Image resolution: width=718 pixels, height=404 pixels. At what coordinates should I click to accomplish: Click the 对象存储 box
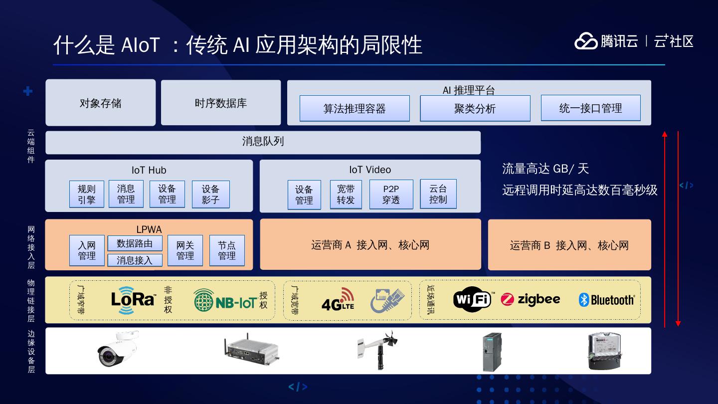tap(100, 103)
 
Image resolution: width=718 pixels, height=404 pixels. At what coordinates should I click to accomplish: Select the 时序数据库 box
tap(221, 103)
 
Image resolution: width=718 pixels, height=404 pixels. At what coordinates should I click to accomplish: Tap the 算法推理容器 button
tap(355, 108)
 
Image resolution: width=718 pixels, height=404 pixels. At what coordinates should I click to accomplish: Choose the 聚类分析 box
tap(475, 108)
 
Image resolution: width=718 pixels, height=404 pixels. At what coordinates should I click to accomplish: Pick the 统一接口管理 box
tap(590, 108)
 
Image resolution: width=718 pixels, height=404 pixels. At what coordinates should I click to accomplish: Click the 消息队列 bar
tap(263, 142)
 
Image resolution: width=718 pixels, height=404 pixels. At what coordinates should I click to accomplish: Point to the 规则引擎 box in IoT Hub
tap(87, 194)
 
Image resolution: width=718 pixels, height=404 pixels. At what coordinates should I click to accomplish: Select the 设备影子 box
tap(210, 194)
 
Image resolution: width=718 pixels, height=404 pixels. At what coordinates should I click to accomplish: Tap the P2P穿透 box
tap(391, 194)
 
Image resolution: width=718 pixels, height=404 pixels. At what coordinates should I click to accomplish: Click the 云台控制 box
tap(438, 194)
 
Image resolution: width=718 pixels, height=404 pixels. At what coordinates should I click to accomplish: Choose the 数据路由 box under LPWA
tap(135, 243)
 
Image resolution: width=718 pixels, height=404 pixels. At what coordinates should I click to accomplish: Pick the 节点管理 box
tap(227, 250)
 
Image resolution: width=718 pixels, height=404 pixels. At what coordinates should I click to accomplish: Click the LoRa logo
tap(133, 299)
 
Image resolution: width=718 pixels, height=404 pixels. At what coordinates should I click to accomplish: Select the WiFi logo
tap(473, 300)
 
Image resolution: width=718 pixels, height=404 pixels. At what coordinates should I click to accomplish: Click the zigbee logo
tap(531, 299)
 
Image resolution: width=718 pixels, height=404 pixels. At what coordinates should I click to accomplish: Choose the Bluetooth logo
tap(606, 300)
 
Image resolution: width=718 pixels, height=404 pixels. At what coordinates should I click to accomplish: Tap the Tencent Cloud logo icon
tap(586, 41)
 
